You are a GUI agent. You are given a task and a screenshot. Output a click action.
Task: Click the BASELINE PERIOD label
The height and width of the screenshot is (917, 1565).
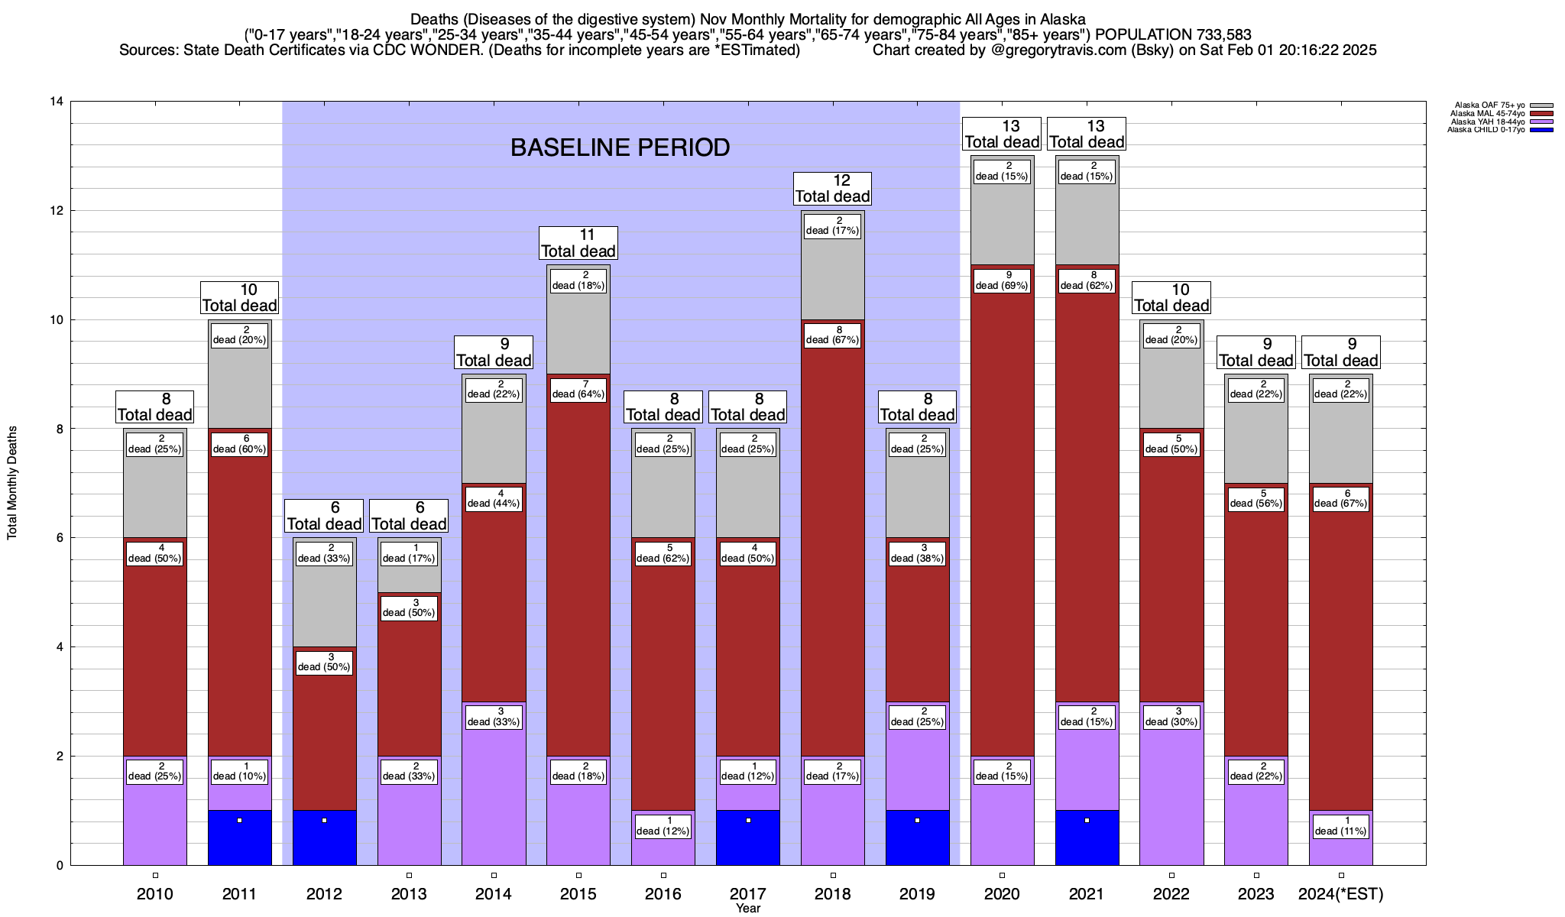[620, 147]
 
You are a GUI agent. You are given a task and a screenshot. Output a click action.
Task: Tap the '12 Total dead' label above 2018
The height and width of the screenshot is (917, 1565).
[833, 188]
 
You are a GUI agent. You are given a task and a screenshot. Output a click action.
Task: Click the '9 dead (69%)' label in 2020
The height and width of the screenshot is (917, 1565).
[1002, 280]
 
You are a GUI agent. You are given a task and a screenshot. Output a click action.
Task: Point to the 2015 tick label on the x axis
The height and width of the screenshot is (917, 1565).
[578, 894]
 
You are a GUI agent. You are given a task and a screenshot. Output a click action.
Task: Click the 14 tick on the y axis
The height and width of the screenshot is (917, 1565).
[56, 102]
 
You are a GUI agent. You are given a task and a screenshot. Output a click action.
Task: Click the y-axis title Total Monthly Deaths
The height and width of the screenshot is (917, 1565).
[12, 483]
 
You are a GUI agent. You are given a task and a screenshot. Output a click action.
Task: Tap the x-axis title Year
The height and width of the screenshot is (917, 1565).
[748, 909]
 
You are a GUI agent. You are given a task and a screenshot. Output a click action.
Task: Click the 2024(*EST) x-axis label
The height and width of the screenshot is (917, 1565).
[1341, 894]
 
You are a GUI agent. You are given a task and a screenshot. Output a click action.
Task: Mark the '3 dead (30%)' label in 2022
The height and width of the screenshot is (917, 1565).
[1171, 717]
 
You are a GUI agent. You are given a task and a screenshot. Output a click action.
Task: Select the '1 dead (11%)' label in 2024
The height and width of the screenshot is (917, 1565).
[1341, 826]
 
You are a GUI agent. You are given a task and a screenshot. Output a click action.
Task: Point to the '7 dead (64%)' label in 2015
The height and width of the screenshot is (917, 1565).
[578, 389]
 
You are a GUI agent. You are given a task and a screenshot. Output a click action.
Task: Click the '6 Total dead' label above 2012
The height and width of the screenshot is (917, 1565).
[324, 516]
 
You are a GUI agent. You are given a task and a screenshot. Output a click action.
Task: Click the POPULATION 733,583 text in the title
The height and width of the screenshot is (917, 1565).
[1174, 35]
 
